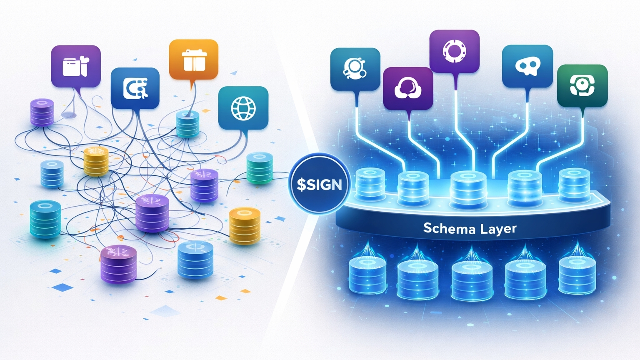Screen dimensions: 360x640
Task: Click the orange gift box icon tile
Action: (x=193, y=59)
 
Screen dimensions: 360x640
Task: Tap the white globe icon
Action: (x=243, y=108)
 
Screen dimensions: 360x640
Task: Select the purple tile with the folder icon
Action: (x=76, y=66)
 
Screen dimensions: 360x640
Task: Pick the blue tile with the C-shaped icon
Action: (x=135, y=88)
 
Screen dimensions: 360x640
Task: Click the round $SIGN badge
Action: (x=319, y=184)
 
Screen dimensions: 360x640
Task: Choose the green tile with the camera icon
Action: (x=582, y=85)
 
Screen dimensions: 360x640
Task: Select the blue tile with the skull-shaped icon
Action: (x=527, y=66)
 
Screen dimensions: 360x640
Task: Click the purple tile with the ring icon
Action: (x=454, y=51)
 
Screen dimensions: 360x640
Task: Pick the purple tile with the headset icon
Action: (x=408, y=88)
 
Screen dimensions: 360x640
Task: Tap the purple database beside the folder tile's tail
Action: (x=42, y=112)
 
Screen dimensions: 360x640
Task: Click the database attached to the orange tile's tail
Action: (x=187, y=124)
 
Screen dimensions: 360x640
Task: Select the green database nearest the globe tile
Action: (x=260, y=168)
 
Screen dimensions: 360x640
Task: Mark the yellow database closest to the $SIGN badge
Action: (x=245, y=226)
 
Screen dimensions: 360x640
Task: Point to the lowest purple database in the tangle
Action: (x=119, y=264)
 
